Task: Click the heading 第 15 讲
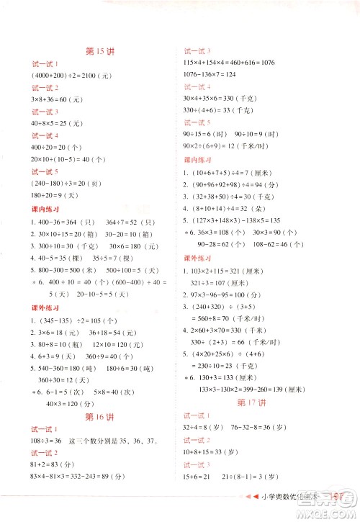pos(99,52)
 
